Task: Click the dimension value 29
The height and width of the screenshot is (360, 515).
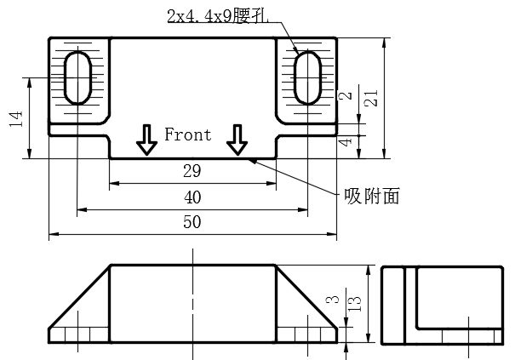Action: [x=192, y=172]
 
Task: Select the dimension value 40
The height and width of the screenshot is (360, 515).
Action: [x=192, y=198]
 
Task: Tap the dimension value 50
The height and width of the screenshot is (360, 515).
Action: [x=192, y=222]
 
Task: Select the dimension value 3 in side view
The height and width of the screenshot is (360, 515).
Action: [x=334, y=300]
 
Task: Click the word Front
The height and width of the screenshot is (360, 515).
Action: [x=187, y=134]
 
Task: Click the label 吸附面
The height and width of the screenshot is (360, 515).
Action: [x=371, y=196]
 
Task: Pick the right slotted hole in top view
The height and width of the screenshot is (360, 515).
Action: [x=306, y=77]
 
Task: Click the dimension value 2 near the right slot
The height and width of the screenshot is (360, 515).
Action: [x=344, y=96]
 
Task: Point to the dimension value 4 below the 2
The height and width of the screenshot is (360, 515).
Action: [x=344, y=141]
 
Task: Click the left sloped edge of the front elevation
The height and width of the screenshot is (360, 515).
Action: [x=79, y=297]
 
